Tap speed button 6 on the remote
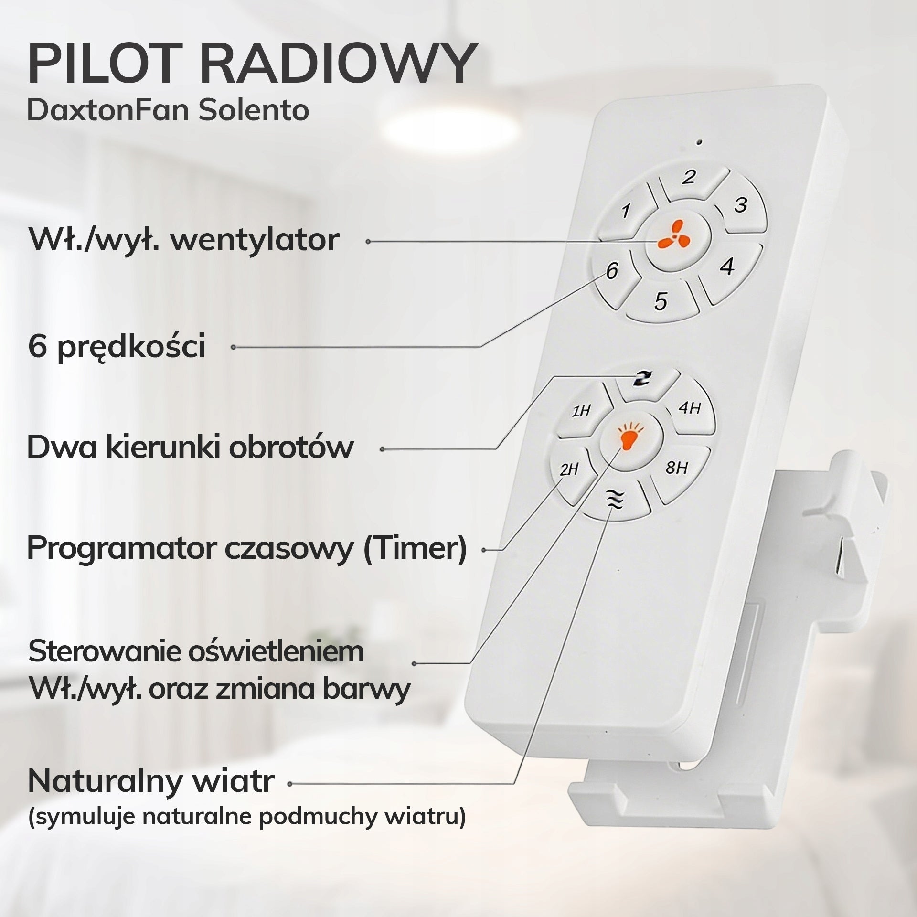click(612, 275)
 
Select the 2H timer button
click(571, 473)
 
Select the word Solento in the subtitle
click(254, 110)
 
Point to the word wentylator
click(255, 240)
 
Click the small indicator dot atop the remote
click(699, 142)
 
